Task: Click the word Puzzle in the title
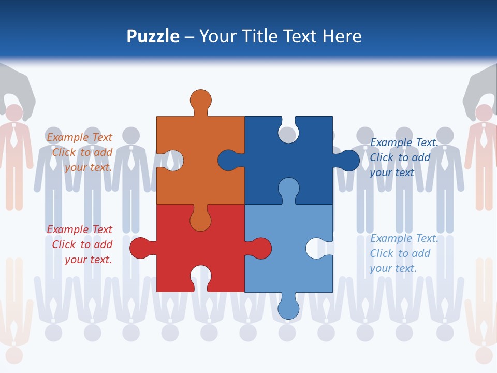pos(153,37)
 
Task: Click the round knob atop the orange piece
pos(201,100)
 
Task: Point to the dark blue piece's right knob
pos(348,160)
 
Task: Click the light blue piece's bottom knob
pos(288,308)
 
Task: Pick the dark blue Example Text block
pos(404,157)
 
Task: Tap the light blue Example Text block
pos(404,253)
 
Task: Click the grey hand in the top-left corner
pos(18,85)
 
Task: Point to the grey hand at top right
pos(480,85)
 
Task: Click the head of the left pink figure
pos(14,113)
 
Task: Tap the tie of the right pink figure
pos(484,137)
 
